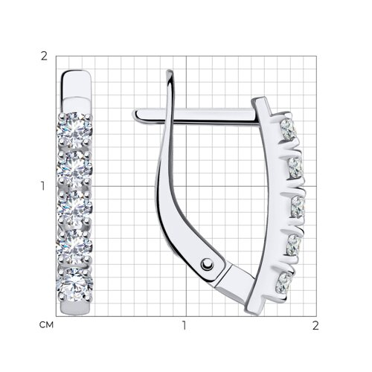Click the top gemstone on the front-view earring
(x=74, y=129)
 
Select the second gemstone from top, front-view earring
(x=74, y=169)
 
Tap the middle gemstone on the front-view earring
(x=74, y=208)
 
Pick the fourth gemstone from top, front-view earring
(x=74, y=247)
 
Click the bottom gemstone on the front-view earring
(x=74, y=285)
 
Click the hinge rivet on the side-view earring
(x=207, y=265)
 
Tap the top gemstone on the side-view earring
(x=288, y=129)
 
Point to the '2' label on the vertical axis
(x=44, y=57)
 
